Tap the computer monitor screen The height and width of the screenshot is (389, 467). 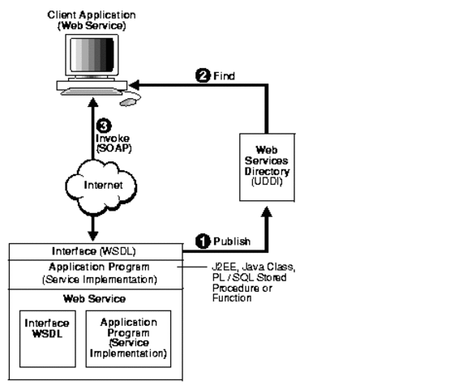tap(93, 56)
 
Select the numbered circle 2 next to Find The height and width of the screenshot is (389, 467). tap(204, 77)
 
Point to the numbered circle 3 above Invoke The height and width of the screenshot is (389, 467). tap(103, 126)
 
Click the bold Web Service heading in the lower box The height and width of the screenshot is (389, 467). tap(94, 297)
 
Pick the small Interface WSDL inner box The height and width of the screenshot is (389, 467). tap(44, 333)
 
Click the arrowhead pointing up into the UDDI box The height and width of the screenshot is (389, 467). tap(268, 213)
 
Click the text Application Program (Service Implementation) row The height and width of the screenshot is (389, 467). tap(94, 272)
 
